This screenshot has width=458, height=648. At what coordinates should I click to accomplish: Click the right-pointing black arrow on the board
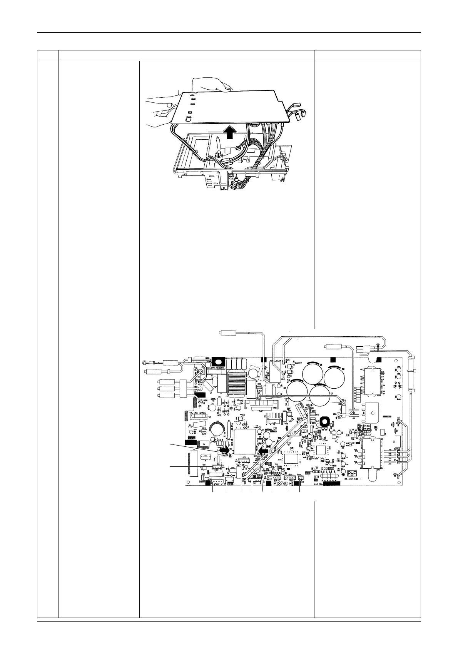(224, 449)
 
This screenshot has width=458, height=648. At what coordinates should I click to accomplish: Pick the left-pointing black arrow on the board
(262, 450)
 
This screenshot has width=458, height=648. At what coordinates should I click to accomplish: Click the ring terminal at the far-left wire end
(144, 362)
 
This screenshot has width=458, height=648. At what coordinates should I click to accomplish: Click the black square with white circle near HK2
(324, 421)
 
